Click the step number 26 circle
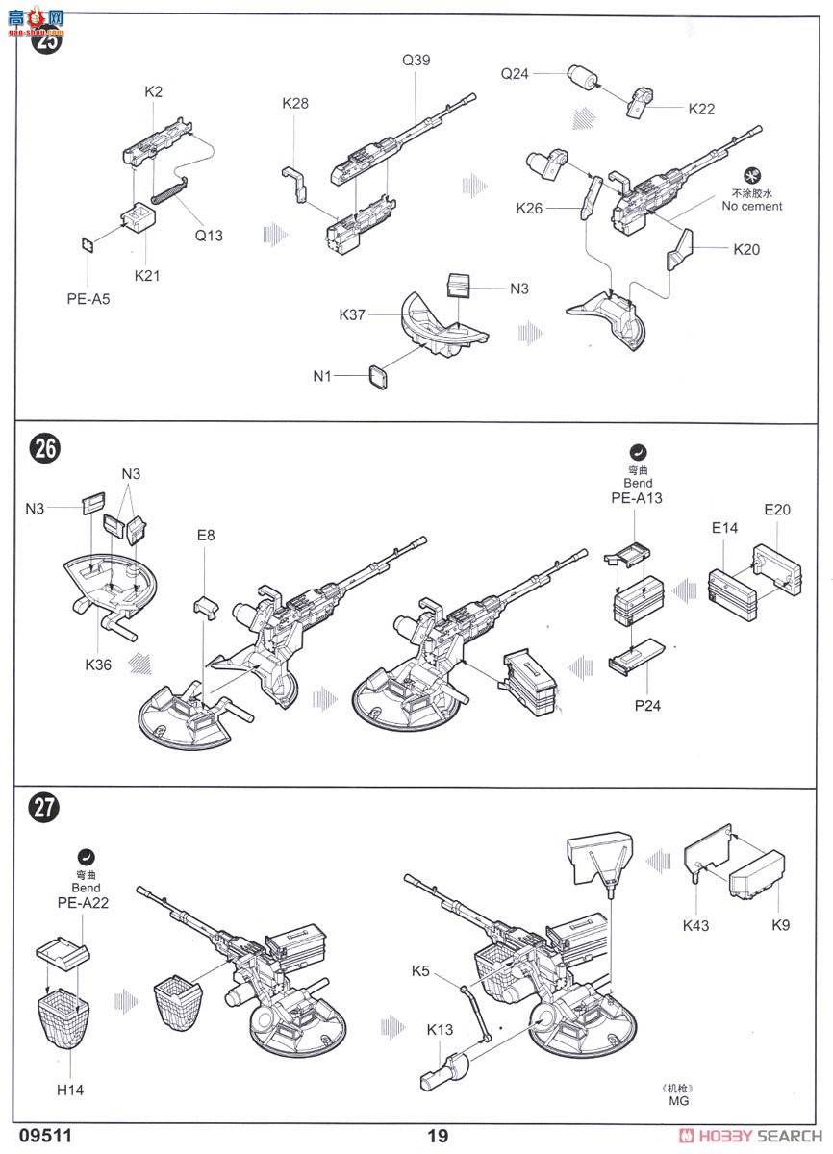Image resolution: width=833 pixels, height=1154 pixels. [45, 449]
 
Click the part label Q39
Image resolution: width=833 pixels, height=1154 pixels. [416, 60]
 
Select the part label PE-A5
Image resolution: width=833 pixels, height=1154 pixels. [88, 299]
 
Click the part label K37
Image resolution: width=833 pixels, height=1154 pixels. [353, 314]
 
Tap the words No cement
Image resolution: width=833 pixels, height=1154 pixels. [752, 206]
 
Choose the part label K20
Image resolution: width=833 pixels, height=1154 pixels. [746, 249]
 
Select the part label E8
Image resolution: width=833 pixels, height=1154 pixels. [206, 535]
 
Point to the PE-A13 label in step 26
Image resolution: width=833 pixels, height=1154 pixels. [637, 498]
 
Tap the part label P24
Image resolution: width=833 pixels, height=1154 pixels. [647, 706]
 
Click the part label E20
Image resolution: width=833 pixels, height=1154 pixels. [776, 510]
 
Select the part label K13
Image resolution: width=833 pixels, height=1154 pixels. [441, 1030]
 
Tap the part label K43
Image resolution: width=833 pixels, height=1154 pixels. [696, 926]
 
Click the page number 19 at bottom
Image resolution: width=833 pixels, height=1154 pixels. [438, 1136]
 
